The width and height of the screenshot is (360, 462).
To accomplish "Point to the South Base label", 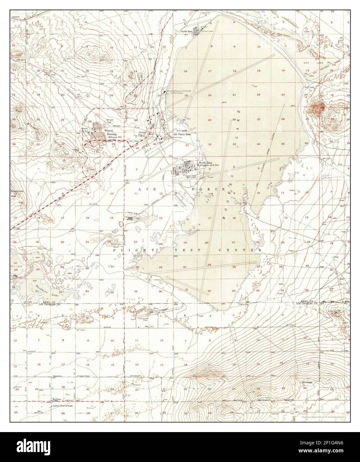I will (x=203, y=162).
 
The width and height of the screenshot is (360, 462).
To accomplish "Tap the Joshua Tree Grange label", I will (x=62, y=406).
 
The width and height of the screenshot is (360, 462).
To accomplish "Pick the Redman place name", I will (x=56, y=399).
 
